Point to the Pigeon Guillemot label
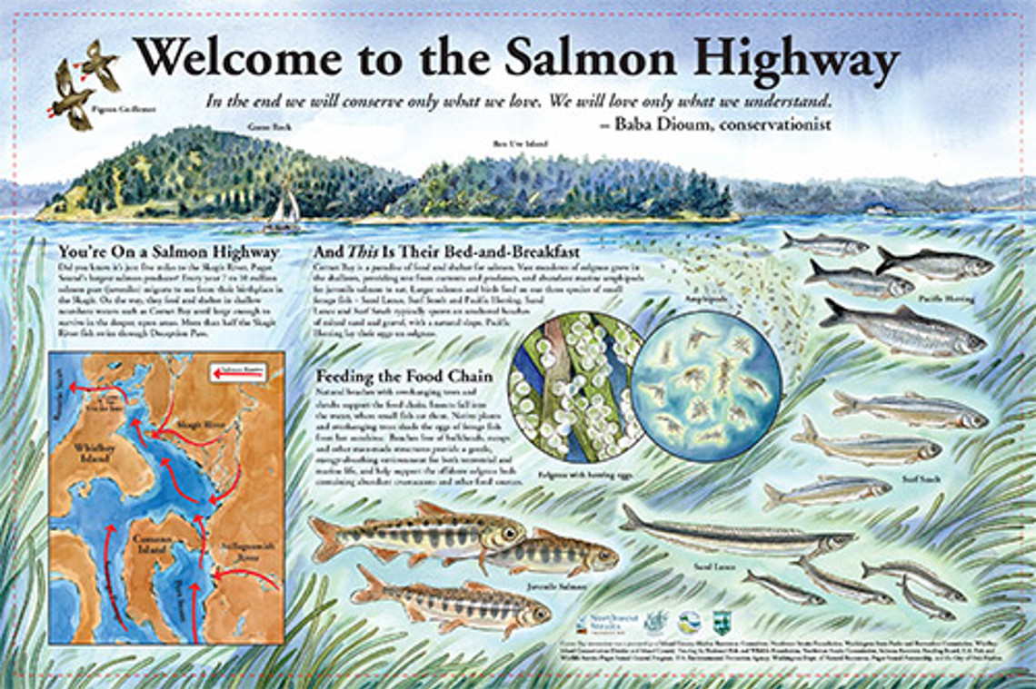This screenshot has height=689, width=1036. coord(111,108)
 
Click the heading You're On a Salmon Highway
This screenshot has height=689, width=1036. coord(168,251)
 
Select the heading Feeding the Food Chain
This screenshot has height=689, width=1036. coord(404,376)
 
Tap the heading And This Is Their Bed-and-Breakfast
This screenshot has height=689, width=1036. coord(444,251)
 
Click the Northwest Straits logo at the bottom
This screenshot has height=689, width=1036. coord(608,624)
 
